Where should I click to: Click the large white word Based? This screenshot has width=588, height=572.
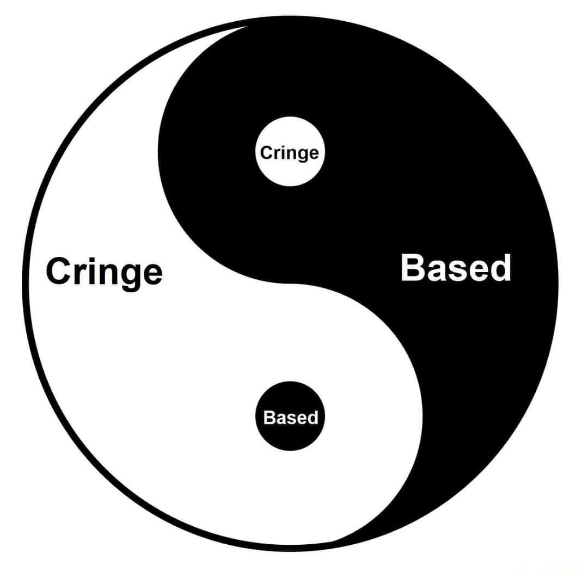click(x=456, y=267)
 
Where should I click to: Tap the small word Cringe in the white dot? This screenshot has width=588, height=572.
click(x=289, y=153)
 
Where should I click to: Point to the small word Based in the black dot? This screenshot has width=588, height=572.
click(x=290, y=417)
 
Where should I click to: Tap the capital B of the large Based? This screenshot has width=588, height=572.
click(x=413, y=267)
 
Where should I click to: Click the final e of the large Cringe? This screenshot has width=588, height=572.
click(x=153, y=272)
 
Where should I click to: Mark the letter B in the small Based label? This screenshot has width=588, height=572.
click(x=268, y=417)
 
